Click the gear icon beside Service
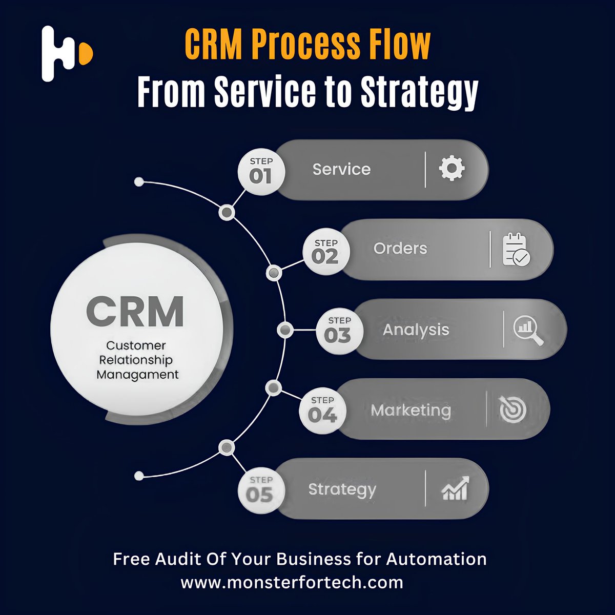pyautogui.click(x=452, y=168)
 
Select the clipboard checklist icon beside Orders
pyautogui.click(x=516, y=250)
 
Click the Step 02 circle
pyautogui.click(x=325, y=252)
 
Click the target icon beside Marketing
pyautogui.click(x=512, y=410)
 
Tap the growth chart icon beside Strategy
pyautogui.click(x=455, y=488)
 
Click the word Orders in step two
pyautogui.click(x=400, y=249)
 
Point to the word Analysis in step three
pyautogui.click(x=416, y=330)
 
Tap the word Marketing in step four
pyautogui.click(x=411, y=410)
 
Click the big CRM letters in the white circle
pyautogui.click(x=135, y=312)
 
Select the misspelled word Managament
pyautogui.click(x=137, y=375)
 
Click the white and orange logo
pyautogui.click(x=66, y=53)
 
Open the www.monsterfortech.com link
pyautogui.click(x=292, y=582)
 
